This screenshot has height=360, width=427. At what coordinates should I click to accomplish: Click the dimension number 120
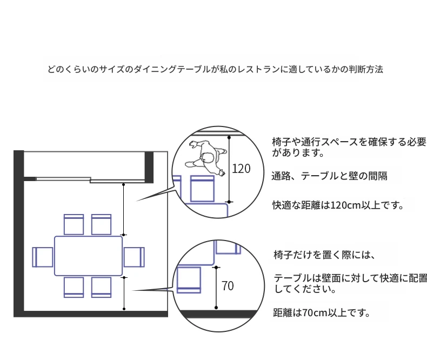click(x=241, y=169)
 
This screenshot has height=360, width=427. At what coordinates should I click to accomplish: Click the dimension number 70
click(x=228, y=286)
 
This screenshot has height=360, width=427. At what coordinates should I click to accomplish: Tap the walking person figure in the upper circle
click(x=207, y=157)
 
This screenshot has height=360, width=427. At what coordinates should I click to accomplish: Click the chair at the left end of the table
click(x=43, y=257)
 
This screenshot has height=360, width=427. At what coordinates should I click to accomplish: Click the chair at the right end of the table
click(x=134, y=257)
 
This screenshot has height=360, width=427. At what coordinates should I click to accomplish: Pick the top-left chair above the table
click(x=74, y=224)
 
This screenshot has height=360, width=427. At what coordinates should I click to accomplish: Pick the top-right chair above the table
click(x=101, y=224)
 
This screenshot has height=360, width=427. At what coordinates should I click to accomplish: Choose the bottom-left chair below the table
click(x=74, y=287)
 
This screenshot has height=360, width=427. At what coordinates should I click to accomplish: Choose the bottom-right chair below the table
click(x=101, y=287)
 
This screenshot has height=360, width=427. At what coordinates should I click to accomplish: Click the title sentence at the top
click(x=216, y=70)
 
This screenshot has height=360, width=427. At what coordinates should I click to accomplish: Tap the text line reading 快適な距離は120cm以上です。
click(x=338, y=205)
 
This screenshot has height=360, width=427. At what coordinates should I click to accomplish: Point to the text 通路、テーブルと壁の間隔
click(x=329, y=176)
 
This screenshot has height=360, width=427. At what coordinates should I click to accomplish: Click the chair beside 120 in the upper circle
click(x=203, y=188)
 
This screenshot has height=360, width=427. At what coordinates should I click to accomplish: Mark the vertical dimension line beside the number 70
click(x=216, y=289)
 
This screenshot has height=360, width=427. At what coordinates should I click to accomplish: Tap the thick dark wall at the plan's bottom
click(x=92, y=314)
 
